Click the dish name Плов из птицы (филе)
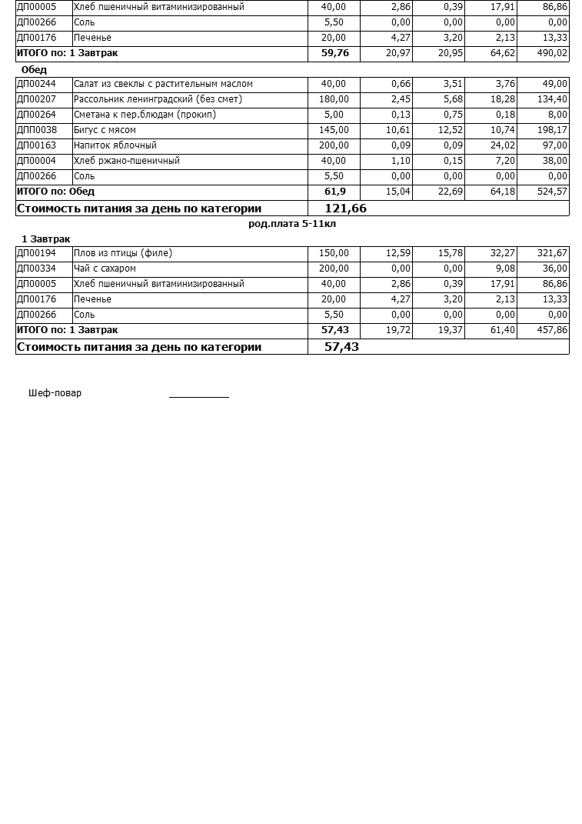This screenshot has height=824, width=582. pyautogui.click(x=123, y=253)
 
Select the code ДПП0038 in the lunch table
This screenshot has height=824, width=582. pyautogui.click(x=37, y=130)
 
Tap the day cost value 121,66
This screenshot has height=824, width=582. pyautogui.click(x=345, y=209)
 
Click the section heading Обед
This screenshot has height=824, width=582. pyautogui.click(x=34, y=70)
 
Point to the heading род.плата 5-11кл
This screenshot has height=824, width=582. pyautogui.click(x=292, y=224)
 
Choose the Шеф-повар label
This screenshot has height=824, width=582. pyautogui.click(x=55, y=393)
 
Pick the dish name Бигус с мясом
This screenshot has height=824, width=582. pyautogui.click(x=105, y=130)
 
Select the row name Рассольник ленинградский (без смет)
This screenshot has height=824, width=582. pyautogui.click(x=158, y=99)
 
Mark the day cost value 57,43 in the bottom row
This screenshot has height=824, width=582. pyautogui.click(x=341, y=347)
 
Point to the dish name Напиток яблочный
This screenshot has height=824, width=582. pyautogui.click(x=115, y=145)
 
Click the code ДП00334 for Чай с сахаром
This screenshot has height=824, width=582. pyautogui.click(x=37, y=269)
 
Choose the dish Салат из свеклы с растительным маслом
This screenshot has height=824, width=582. pyautogui.click(x=163, y=84)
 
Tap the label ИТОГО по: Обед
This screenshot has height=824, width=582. pyautogui.click(x=56, y=192)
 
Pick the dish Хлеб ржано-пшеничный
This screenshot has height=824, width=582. pyautogui.click(x=127, y=161)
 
